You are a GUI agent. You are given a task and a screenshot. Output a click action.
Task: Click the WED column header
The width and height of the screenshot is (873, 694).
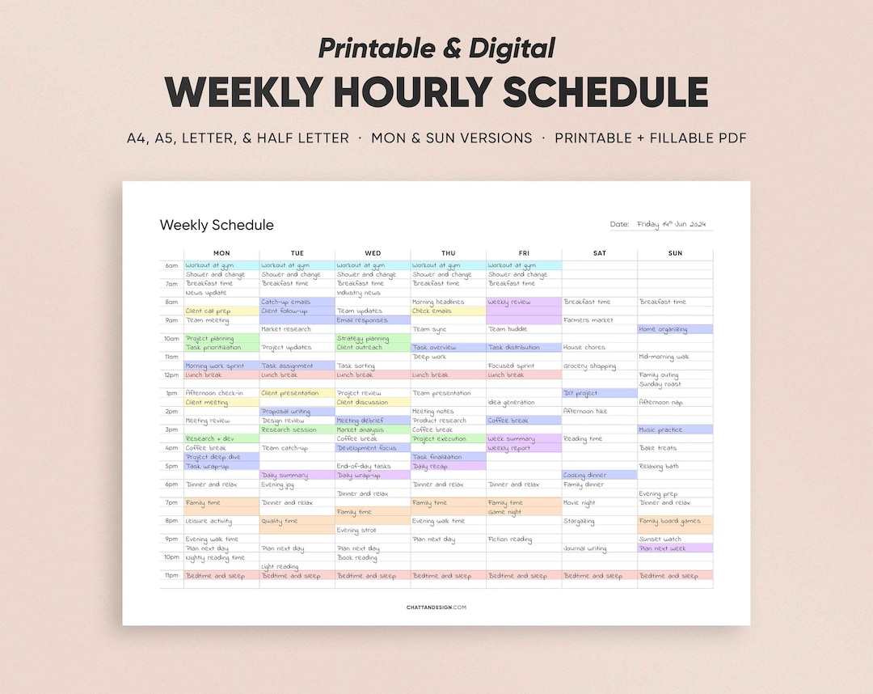point(373,253)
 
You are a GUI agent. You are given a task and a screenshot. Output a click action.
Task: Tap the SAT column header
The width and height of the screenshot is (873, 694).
point(599,253)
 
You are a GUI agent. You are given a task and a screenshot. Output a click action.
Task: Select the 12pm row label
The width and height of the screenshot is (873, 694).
point(171,375)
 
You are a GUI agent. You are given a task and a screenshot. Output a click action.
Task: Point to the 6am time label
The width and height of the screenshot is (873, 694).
point(171,265)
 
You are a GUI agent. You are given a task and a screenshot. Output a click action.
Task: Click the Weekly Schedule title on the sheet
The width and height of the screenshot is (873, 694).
point(217,225)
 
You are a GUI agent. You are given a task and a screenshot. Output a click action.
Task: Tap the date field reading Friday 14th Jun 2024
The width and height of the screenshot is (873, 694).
point(673,224)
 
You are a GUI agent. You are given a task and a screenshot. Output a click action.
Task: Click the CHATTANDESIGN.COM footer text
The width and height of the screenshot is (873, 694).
point(436,607)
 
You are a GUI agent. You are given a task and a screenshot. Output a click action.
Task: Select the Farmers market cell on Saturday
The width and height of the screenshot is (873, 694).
point(588,320)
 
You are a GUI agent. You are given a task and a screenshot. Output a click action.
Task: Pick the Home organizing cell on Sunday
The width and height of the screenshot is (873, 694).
point(663,329)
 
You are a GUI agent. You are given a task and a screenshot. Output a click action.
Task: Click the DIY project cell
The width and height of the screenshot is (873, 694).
point(581,393)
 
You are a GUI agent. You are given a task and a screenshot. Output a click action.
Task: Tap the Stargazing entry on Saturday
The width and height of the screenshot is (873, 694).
point(579,521)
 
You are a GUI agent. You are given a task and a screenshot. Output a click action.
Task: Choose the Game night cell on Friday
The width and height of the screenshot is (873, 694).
point(504,512)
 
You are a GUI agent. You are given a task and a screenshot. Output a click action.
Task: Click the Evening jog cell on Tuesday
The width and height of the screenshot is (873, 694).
point(278,485)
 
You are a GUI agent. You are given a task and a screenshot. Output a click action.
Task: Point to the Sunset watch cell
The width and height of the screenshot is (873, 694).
point(660,540)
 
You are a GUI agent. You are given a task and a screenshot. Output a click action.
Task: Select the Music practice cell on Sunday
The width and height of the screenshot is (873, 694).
point(661,430)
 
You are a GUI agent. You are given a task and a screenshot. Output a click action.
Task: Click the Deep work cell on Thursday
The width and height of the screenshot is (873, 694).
point(429,357)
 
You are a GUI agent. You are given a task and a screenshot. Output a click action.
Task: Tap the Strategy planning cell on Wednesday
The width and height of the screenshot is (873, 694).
point(363,339)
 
